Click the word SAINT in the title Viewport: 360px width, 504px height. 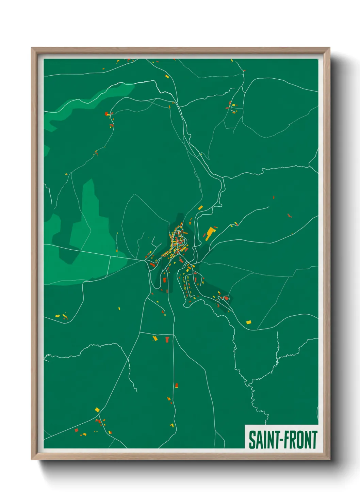(262, 440)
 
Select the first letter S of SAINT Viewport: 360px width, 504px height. (251, 440)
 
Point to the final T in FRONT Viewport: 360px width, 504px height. (314, 440)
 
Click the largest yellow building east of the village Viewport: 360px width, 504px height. (210, 233)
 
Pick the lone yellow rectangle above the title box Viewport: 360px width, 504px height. (249, 322)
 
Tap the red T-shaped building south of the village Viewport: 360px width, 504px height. (167, 339)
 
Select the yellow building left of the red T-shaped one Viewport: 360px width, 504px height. (155, 338)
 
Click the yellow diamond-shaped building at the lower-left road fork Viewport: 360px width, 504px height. (97, 409)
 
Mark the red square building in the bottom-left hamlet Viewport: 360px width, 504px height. (77, 430)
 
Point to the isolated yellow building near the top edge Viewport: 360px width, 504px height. (167, 77)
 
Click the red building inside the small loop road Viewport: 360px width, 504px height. (226, 298)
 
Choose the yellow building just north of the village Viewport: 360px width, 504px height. (200, 207)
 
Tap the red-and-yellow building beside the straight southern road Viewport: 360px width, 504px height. (177, 385)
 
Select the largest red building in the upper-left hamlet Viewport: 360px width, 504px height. (106, 113)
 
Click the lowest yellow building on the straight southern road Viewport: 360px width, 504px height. (172, 425)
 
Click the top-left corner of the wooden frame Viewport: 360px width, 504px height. (32, 48)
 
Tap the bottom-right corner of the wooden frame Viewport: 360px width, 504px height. (329, 459)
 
